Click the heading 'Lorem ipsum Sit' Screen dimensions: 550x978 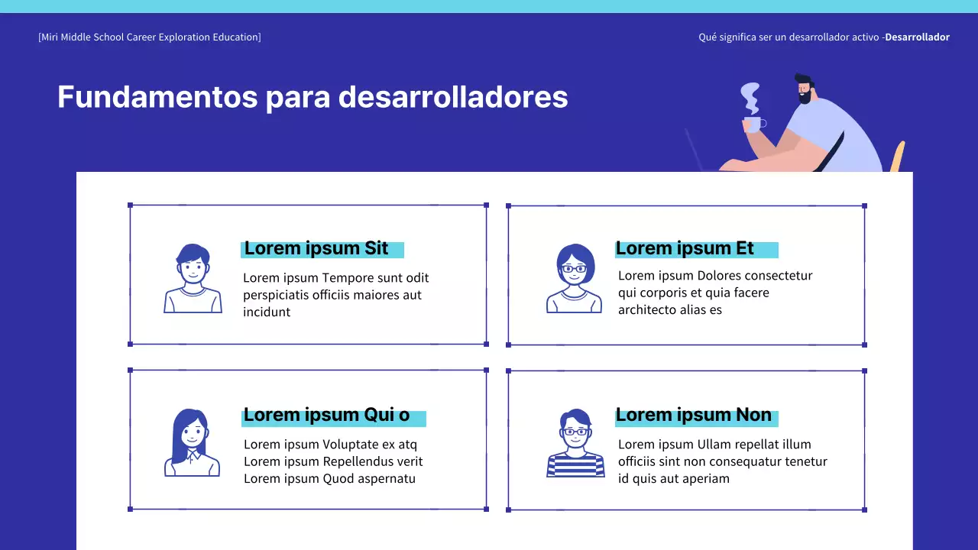pos(316,248)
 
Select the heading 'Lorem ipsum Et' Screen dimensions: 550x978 pos(685,248)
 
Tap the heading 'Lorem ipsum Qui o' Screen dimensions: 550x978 pos(326,415)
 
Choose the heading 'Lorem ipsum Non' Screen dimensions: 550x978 pos(693,415)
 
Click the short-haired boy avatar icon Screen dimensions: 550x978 pos(193,278)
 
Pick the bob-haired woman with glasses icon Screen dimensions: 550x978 pos(574,278)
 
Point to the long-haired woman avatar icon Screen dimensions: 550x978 pos(191,443)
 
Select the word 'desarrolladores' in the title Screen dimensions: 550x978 pos(453,97)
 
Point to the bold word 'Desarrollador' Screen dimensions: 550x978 pos(917,37)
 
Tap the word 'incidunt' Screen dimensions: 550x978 pos(267,312)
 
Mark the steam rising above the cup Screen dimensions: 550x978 pos(751,98)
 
